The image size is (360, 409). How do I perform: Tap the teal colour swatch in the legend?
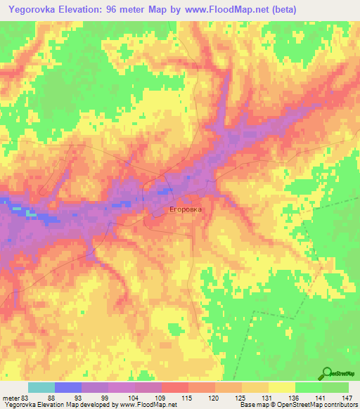(x=41, y=387)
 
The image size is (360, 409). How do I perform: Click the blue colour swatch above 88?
(x=68, y=387)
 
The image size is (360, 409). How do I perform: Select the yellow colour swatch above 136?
(x=282, y=387)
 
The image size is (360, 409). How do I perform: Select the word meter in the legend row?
(x=11, y=398)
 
